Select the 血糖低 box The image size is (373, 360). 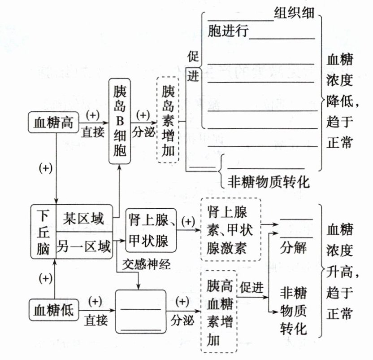click(x=53, y=310)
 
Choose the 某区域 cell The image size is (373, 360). click(x=83, y=219)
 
